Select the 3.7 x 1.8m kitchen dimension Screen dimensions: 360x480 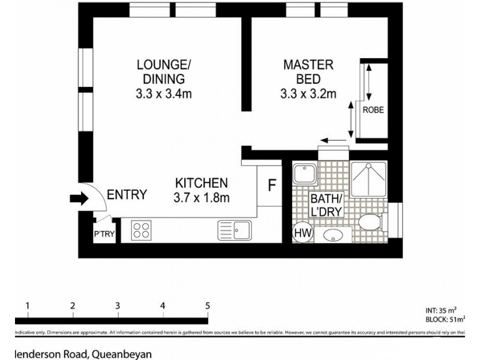(201, 196)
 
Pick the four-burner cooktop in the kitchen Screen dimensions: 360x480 (141, 231)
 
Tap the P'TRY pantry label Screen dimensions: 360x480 (99, 235)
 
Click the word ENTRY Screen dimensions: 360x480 (127, 194)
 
